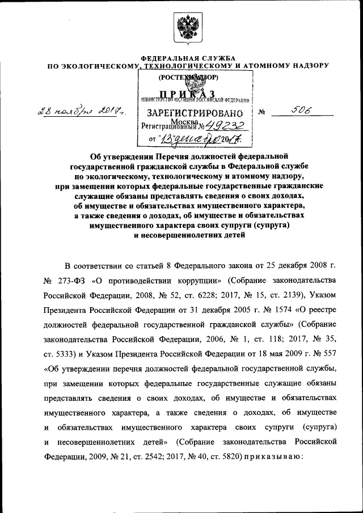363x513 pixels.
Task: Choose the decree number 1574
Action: tap(243, 310)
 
